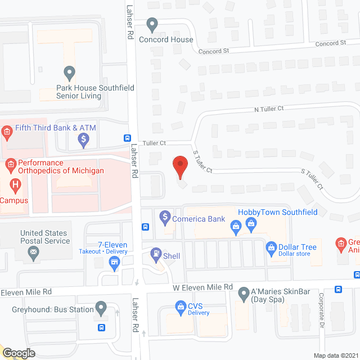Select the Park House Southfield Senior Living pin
point(69,73)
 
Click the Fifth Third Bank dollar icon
point(83,138)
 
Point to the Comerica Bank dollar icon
point(165,215)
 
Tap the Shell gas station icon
point(155,255)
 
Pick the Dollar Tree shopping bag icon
point(271,247)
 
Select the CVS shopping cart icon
point(181,307)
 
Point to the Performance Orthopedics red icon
point(10,165)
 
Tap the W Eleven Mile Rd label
point(202,287)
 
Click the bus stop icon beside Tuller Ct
point(128,138)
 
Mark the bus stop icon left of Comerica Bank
point(145,227)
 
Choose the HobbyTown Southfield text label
point(277,212)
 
